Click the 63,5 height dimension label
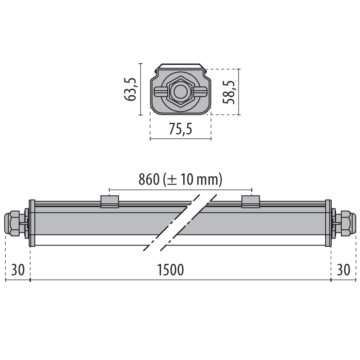(131, 90)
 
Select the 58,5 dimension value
(229, 92)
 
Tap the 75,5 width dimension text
(181, 129)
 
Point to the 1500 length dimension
(170, 269)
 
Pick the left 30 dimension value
(18, 269)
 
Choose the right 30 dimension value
(343, 269)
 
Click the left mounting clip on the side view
(110, 202)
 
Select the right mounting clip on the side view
(251, 202)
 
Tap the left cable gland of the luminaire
(15, 224)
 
